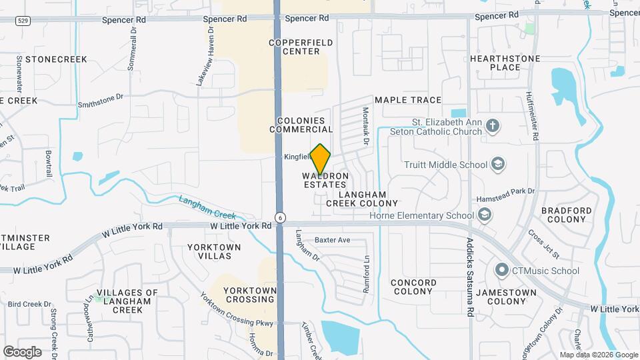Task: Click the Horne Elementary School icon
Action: (485, 215)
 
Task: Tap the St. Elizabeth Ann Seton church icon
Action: (493, 127)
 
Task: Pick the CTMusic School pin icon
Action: (502, 270)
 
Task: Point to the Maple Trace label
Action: (408, 100)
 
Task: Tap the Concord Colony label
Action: (413, 287)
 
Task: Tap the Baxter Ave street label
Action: (333, 240)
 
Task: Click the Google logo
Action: (22, 351)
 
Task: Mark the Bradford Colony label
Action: (567, 215)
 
